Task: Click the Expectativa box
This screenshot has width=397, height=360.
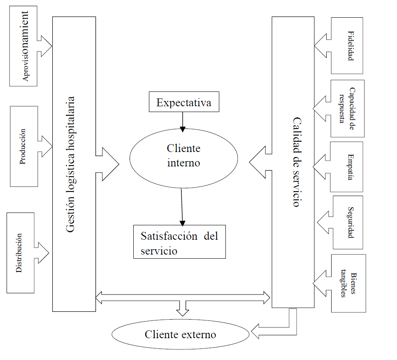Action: [183, 102]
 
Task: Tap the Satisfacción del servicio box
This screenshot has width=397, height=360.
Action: [179, 242]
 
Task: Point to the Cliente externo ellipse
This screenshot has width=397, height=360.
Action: [180, 334]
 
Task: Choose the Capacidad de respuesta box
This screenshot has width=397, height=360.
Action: [347, 108]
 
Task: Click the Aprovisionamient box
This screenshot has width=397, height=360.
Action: [23, 46]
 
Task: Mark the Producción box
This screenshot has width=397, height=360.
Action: [23, 147]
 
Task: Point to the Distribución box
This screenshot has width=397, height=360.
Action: [20, 252]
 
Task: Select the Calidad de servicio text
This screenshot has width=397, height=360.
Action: [295, 162]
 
